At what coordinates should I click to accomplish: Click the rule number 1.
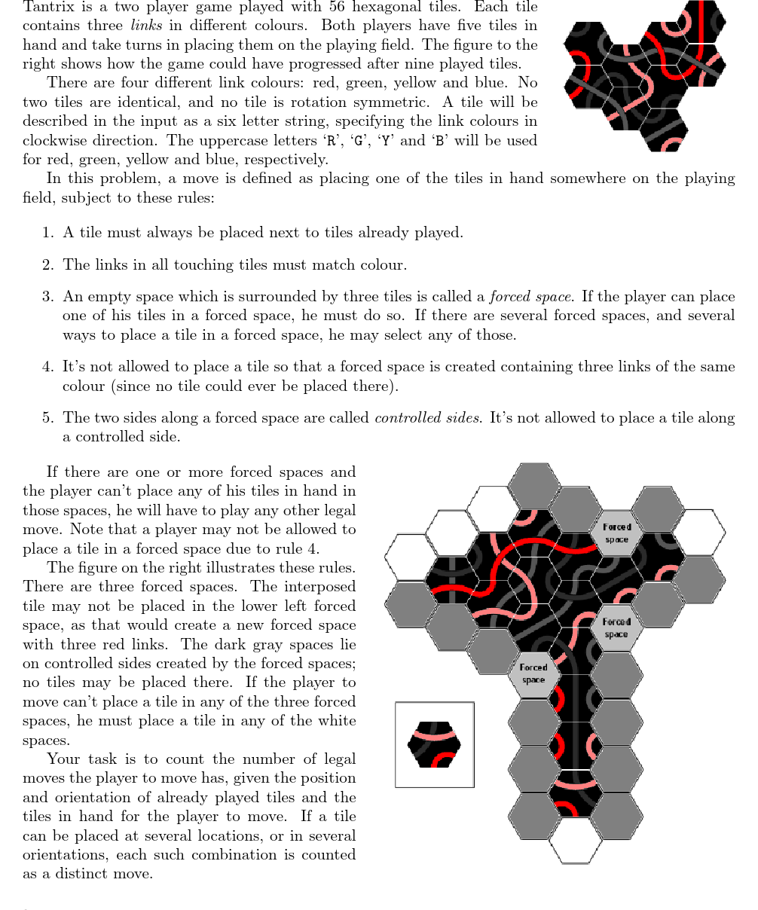[47, 233]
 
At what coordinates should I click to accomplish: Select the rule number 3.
[47, 297]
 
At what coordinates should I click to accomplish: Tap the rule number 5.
[47, 418]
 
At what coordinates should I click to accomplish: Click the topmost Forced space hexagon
[616, 533]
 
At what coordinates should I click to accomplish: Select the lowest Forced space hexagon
[533, 673]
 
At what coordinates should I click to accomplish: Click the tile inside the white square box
[434, 744]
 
